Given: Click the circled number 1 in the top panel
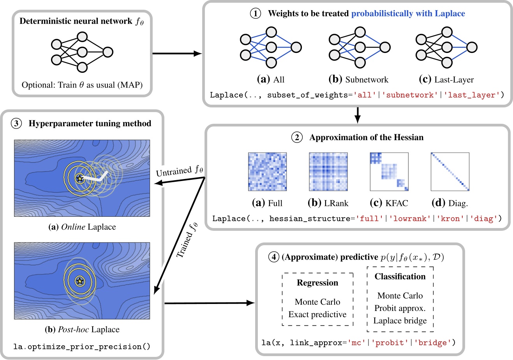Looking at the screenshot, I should click(x=255, y=14).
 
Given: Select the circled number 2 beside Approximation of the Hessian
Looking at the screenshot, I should click(x=297, y=137).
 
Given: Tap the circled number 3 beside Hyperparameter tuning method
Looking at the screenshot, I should click(x=16, y=124).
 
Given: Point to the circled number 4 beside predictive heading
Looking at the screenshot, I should click(x=274, y=257).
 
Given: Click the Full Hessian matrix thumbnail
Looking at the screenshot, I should click(x=267, y=172).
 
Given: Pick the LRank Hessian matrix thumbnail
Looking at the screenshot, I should click(x=328, y=172).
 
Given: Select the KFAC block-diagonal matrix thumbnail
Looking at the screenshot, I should click(x=389, y=172).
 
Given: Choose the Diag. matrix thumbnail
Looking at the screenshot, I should click(x=450, y=172).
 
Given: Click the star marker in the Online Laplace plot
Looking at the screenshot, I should click(x=79, y=179).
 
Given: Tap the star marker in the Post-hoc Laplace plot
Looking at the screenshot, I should click(x=80, y=281).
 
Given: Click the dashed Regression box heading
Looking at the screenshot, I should click(x=317, y=283).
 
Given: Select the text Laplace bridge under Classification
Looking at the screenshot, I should click(x=400, y=321).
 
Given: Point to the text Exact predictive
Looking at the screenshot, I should click(x=317, y=314).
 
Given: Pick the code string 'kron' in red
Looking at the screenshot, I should click(x=450, y=218).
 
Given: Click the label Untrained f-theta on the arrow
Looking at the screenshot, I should click(x=180, y=171).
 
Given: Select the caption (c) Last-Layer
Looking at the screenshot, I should click(x=446, y=80).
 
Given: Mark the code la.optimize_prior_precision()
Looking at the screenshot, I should click(x=82, y=346).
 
